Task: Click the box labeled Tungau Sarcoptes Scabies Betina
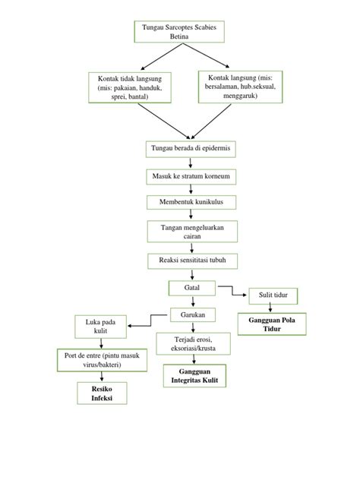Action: coord(179,32)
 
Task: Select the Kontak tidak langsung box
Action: coord(130,87)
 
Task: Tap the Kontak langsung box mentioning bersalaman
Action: coord(240,87)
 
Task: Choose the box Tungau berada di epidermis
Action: coord(191,149)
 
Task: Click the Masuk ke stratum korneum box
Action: coord(191,177)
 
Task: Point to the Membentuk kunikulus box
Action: coord(191,202)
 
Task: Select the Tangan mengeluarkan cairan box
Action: coord(192,232)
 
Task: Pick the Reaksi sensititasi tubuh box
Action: coord(193,261)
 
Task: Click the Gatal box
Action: coord(192,288)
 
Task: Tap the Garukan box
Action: coord(193,315)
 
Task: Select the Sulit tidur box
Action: coord(273,296)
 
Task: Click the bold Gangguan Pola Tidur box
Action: coord(272,324)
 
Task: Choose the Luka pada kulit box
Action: coord(101,327)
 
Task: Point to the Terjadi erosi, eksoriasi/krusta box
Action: coord(193,344)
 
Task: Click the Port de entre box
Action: coord(102,360)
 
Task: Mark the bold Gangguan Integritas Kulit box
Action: coord(194,376)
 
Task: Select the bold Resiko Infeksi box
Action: coord(102,393)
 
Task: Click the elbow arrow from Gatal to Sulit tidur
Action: coord(232,291)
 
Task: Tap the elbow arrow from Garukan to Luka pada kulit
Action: coord(151,321)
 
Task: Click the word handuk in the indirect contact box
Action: coord(150,88)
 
